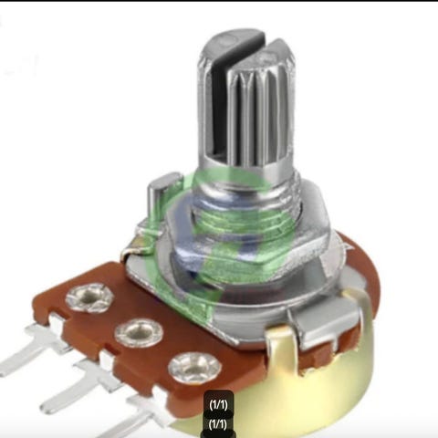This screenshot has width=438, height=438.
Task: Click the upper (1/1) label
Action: click(x=218, y=405)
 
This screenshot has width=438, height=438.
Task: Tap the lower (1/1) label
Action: click(x=218, y=424)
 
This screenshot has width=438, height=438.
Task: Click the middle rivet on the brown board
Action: click(x=139, y=333)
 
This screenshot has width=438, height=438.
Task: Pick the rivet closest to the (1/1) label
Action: click(x=194, y=369)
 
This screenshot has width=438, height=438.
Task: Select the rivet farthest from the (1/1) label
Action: click(x=89, y=297)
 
